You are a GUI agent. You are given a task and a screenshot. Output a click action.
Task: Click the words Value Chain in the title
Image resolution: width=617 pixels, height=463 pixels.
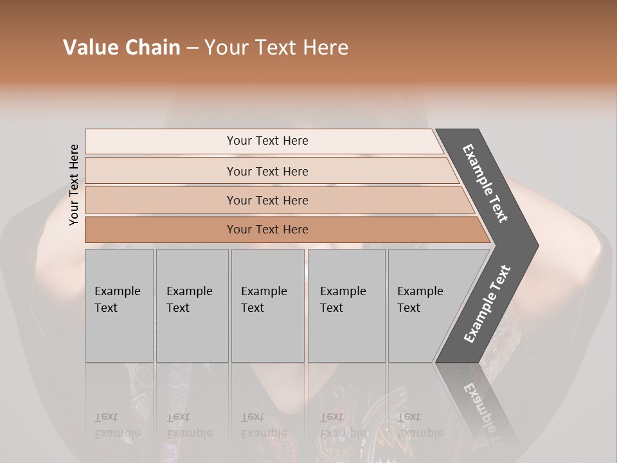pos(121,48)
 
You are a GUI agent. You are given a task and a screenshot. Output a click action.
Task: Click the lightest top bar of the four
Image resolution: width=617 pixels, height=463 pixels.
pos(161,141)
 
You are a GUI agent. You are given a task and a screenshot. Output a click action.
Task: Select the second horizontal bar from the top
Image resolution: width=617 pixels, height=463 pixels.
pos(161,171)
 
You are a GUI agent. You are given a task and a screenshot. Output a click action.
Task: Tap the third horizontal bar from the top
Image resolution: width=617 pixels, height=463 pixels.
pos(161,200)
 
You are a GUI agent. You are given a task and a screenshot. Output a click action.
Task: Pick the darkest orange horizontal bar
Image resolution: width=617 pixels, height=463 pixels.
pos(161,230)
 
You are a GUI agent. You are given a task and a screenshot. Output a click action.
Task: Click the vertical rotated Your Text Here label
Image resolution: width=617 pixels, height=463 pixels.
pos(74,185)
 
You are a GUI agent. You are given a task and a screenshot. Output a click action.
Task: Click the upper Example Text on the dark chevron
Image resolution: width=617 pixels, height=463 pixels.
pos(485,183)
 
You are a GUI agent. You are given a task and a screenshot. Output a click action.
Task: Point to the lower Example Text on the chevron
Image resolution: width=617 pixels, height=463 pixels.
pos(487,304)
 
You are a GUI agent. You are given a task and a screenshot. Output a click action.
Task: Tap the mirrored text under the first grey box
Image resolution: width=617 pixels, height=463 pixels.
pos(117,425)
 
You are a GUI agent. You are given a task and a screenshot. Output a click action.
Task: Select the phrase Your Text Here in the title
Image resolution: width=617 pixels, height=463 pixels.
pos(276,48)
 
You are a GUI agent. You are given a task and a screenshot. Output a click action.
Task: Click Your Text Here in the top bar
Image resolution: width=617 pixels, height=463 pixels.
pos(267,141)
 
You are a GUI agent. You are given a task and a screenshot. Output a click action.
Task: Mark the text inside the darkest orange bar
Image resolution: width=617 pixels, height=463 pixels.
pos(267,230)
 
